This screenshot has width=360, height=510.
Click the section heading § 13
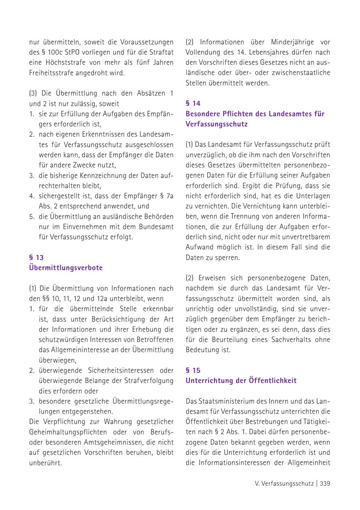pyautogui.click(x=36, y=257)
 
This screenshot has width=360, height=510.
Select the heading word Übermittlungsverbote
pyautogui.click(x=66, y=268)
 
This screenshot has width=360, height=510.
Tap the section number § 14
pyautogui.click(x=193, y=104)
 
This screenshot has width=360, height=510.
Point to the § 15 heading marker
pyautogui.click(x=193, y=371)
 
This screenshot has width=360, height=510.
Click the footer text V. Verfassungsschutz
pyautogui.click(x=284, y=484)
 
